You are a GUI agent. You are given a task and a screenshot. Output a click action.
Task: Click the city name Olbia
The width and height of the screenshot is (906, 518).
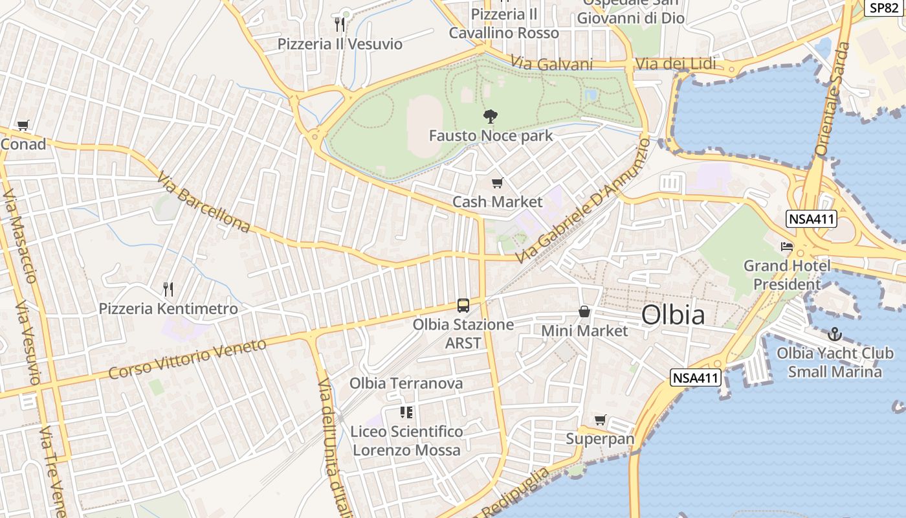click(x=673, y=315)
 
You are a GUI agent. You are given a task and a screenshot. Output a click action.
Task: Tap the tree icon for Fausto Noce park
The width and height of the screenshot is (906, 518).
click(x=491, y=117)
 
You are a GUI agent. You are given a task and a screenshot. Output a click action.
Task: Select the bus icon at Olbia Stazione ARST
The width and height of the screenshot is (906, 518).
click(x=463, y=305)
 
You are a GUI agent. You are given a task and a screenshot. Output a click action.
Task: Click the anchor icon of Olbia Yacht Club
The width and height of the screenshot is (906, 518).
click(x=835, y=334)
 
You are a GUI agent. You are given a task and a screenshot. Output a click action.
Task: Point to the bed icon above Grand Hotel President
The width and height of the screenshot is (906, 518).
click(x=787, y=247)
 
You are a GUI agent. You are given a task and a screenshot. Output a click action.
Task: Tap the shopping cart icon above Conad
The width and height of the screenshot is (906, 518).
click(x=23, y=125)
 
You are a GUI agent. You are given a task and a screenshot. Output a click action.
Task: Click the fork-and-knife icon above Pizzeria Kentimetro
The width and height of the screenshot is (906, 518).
click(x=168, y=289)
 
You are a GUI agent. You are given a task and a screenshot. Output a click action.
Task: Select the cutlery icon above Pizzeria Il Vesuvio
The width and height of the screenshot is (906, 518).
click(x=340, y=25)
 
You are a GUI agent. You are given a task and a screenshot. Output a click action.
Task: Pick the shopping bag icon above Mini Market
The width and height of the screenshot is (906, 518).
click(x=584, y=312)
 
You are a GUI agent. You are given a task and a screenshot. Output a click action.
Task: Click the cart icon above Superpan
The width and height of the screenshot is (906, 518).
click(x=601, y=420)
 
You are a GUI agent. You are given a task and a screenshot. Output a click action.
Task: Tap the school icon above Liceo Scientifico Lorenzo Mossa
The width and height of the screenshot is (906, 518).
click(x=406, y=412)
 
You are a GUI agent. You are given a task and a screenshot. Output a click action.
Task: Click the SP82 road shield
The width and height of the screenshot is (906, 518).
click(x=884, y=8)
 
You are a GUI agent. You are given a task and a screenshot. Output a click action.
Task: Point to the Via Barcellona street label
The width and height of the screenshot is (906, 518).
click(x=203, y=201)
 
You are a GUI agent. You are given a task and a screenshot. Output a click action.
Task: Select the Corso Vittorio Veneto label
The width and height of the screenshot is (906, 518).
click(x=187, y=359)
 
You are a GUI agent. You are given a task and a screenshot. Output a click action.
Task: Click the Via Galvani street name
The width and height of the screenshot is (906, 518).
click(x=551, y=63)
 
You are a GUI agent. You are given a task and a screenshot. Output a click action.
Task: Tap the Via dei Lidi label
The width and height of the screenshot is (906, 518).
click(x=676, y=64)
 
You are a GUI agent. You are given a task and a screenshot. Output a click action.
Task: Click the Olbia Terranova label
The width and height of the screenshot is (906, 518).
click(x=406, y=383)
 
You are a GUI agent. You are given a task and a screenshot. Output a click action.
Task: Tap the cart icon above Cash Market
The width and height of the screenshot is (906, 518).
click(x=497, y=183)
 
